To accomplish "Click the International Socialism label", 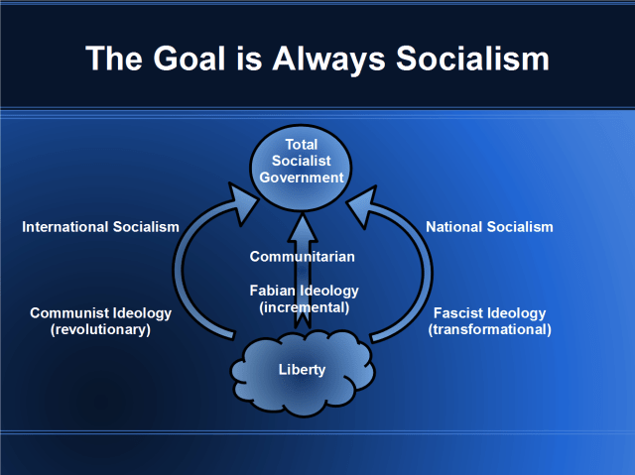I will (x=100, y=227).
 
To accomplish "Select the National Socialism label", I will (x=489, y=227).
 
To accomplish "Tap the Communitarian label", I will (x=302, y=257).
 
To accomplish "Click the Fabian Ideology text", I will (x=303, y=291).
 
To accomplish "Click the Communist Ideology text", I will (x=100, y=313).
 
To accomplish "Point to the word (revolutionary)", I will (x=100, y=329).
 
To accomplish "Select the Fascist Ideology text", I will (x=489, y=313).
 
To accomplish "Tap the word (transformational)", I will (x=489, y=329).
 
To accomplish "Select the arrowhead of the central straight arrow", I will (x=302, y=226).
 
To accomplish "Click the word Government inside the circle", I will (x=302, y=178).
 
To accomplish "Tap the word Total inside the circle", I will (x=302, y=145).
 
